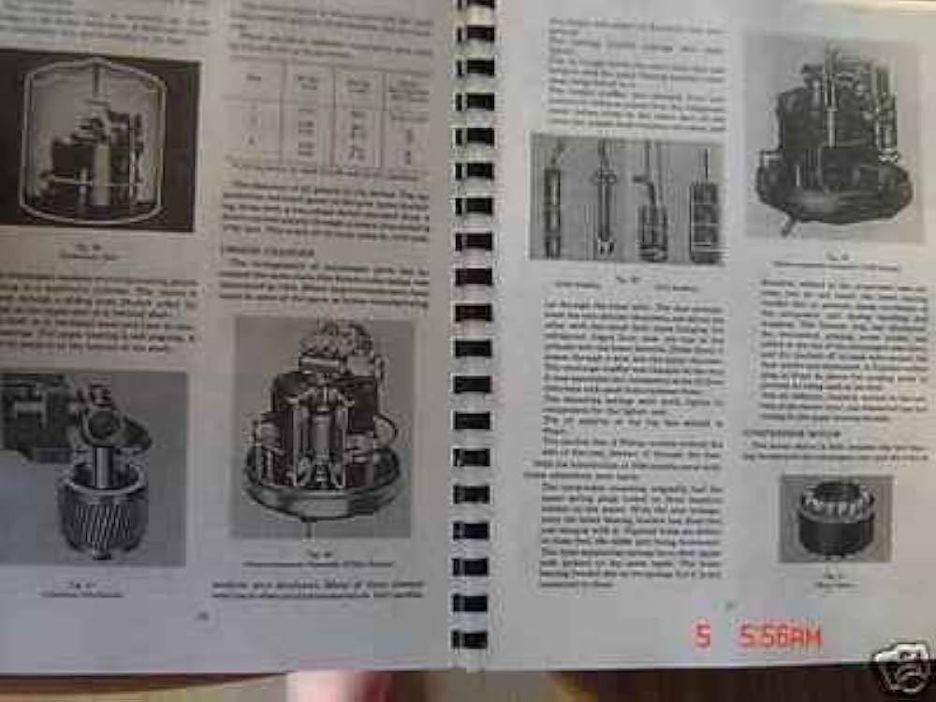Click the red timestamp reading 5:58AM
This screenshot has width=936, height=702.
(x=780, y=638)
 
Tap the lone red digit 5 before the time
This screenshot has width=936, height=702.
(x=702, y=636)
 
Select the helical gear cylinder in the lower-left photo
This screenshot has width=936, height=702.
(x=103, y=505)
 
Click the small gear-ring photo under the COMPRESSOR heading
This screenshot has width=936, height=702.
(x=836, y=518)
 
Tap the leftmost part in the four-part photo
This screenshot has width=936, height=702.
(x=553, y=198)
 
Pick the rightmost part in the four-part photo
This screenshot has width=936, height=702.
(x=704, y=208)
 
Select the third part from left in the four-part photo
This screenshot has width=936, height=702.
(x=652, y=201)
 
